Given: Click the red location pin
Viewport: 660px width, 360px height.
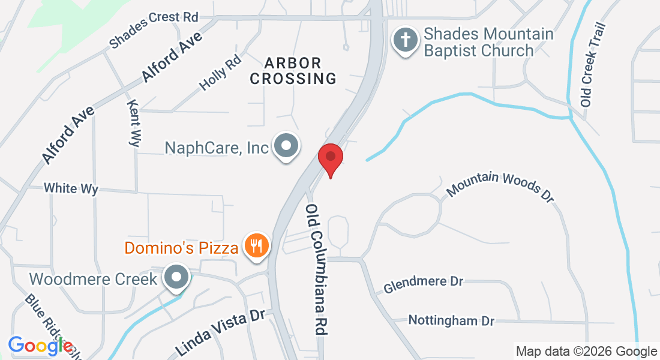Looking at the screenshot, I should [330, 158].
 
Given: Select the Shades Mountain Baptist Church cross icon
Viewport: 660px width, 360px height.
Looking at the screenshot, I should [405, 41].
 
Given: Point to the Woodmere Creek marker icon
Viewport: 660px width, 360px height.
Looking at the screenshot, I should [176, 277].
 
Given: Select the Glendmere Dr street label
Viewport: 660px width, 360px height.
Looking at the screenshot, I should [424, 284].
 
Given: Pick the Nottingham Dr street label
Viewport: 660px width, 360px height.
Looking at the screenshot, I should [451, 320].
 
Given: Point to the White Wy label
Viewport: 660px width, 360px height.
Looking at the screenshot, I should [71, 188].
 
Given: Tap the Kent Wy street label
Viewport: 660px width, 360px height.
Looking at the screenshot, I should [134, 123].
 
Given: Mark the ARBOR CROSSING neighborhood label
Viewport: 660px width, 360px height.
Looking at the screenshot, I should [293, 71].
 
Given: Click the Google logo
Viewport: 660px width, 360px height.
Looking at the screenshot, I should [40, 346].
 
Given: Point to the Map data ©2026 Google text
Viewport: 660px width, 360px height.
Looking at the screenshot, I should [586, 352].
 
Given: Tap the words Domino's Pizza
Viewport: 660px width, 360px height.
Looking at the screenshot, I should [181, 247].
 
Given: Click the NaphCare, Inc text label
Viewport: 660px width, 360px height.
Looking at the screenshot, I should [217, 148].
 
